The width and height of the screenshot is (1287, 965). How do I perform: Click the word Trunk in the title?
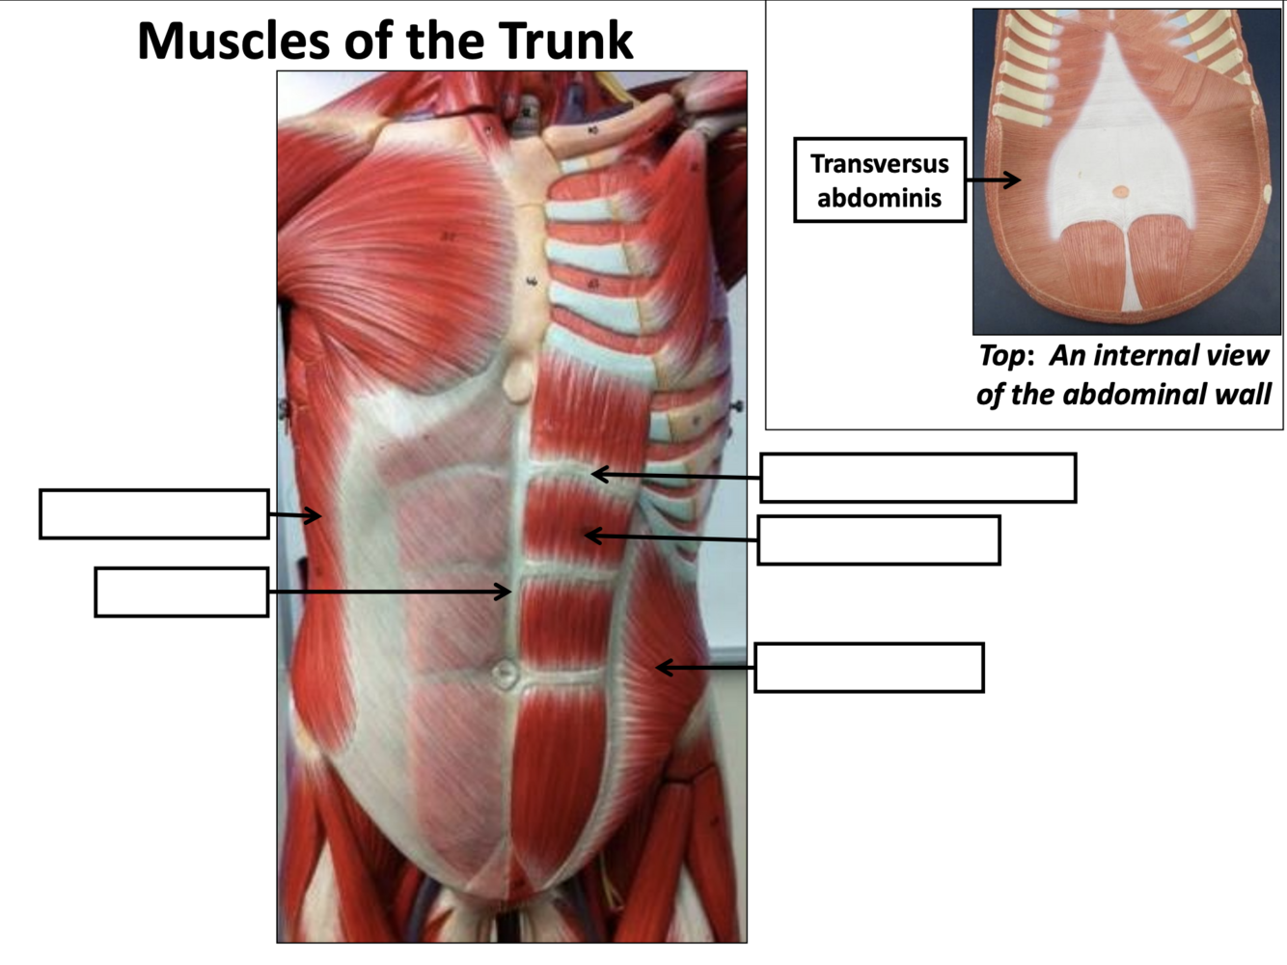(565, 41)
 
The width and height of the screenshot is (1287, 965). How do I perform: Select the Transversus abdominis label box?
(879, 180)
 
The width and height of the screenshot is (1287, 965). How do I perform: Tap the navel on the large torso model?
(504, 673)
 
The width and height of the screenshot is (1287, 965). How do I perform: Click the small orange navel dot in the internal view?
(1119, 192)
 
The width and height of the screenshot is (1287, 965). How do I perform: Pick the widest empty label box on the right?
(917, 478)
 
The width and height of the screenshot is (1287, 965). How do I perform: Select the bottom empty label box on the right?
(868, 668)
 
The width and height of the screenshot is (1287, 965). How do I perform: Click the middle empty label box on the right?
(878, 540)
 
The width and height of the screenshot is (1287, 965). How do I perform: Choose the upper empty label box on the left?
(153, 514)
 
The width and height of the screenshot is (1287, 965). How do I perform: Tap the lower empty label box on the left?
(181, 593)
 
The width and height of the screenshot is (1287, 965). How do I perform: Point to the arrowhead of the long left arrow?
(505, 591)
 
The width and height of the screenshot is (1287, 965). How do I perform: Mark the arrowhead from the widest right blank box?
(597, 474)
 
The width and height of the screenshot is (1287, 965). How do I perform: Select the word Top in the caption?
(1000, 357)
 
